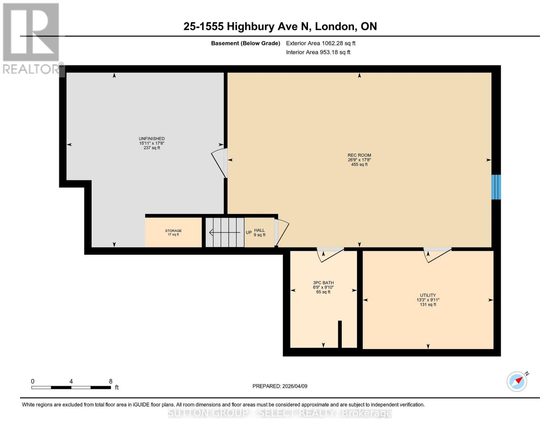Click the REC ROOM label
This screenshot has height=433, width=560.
click(x=359, y=156)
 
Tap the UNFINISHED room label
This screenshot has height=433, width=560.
click(x=151, y=139)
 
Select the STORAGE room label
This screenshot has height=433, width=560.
click(x=173, y=231)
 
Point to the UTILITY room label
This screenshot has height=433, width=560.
click(x=428, y=296)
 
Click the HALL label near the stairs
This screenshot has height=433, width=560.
click(x=259, y=231)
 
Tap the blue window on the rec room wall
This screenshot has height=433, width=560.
click(x=496, y=187)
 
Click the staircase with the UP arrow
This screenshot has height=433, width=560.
click(x=225, y=232)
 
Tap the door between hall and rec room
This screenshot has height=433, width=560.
click(x=281, y=233)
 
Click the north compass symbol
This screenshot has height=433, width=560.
click(x=517, y=381)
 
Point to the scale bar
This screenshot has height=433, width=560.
click(x=71, y=388)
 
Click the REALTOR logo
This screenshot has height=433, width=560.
click(x=31, y=38)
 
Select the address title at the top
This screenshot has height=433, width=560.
click(x=280, y=26)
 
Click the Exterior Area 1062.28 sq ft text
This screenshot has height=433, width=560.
click(x=321, y=43)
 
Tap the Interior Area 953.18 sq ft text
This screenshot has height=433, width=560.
click(x=318, y=52)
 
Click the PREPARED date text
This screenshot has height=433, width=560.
click(x=280, y=386)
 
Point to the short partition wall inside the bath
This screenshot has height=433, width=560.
click(x=340, y=334)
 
